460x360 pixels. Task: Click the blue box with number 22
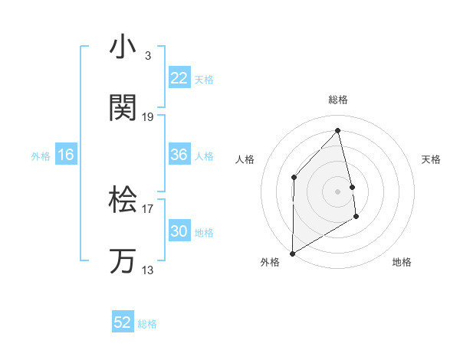pos(179,78)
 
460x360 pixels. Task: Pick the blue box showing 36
pos(179,155)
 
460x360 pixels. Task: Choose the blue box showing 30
pos(179,231)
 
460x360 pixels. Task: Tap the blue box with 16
pos(66,155)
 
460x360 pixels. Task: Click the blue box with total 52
pos(123,323)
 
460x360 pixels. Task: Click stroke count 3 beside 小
pos(147,55)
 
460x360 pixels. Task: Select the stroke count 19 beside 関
pos(148,117)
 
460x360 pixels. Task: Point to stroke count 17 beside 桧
pos(148,208)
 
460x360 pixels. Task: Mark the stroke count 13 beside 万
pos(148,270)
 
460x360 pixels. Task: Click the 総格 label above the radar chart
pos(338,100)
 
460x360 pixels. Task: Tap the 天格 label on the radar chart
pos(432,159)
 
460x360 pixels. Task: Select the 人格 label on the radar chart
pos(245,159)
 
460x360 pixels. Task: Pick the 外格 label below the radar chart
pos(269,262)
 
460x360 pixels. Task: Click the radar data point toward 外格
pos(292,253)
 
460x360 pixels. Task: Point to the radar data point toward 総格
pos(338,130)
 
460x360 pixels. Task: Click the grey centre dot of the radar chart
pos(338,191)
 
